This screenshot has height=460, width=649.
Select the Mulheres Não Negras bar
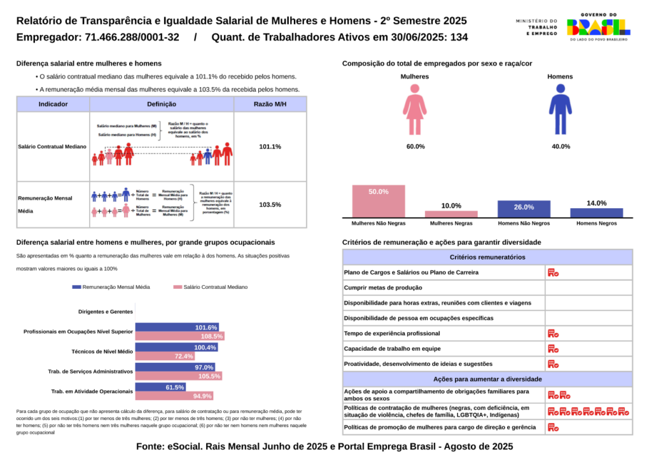pos(379,201)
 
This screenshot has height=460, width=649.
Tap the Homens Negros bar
pos(597,213)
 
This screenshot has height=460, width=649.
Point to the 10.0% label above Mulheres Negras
pos(451,206)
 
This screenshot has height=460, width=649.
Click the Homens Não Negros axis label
pos(524,223)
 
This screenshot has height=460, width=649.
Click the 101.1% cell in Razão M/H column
pos(270,147)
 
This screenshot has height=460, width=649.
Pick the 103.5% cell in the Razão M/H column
pos(270,205)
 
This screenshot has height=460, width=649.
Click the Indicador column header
pos(53,104)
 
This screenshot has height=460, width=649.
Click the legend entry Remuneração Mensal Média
pos(111,287)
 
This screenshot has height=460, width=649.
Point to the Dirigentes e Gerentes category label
pos(106,312)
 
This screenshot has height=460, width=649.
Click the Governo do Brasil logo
pos(598,27)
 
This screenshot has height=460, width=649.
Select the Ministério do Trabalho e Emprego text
pos(536,27)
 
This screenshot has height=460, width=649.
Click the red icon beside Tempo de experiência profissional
pos(553,333)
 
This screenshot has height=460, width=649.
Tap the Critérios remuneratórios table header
pos(487,257)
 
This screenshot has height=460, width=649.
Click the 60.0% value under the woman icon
pos(415,146)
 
